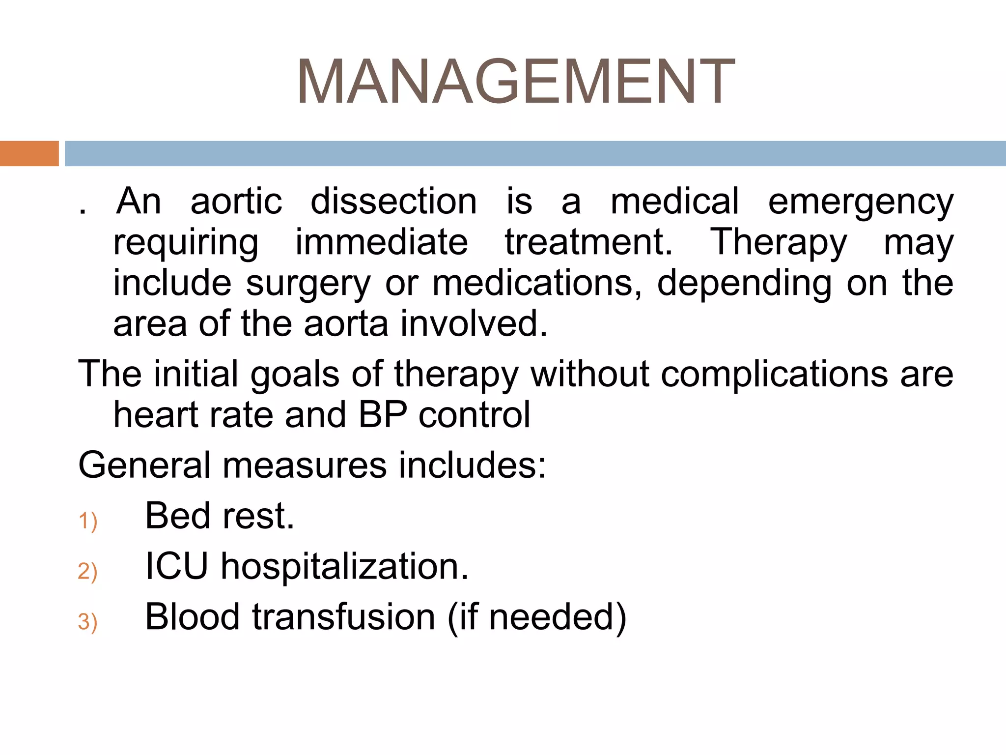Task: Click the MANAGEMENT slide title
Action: [515, 82]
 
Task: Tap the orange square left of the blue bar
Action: [29, 153]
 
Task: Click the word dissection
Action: [393, 202]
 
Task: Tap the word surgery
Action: [308, 284]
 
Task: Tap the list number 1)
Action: [88, 521]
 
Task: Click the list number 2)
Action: [88, 572]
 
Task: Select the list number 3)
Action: [88, 622]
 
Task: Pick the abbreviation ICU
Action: [176, 567]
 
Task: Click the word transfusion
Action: [344, 617]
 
